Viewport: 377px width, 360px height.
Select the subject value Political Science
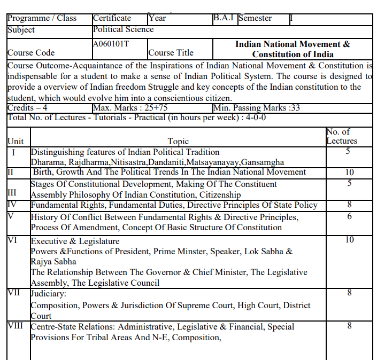tap(123, 29)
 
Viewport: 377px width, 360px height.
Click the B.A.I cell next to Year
tap(224, 18)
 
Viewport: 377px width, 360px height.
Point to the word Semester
tap(255, 18)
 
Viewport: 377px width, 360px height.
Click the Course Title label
tap(171, 53)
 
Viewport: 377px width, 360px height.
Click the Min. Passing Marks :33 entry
tap(256, 108)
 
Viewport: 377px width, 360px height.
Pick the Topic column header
tap(178, 142)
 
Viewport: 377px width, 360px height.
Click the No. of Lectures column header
tap(341, 136)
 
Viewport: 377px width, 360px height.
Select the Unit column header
tap(16, 142)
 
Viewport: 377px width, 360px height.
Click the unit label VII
tap(16, 293)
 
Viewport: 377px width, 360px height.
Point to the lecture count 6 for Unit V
tap(349, 216)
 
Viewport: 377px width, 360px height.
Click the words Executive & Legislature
tap(75, 241)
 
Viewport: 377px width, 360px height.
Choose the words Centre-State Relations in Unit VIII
tap(72, 327)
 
